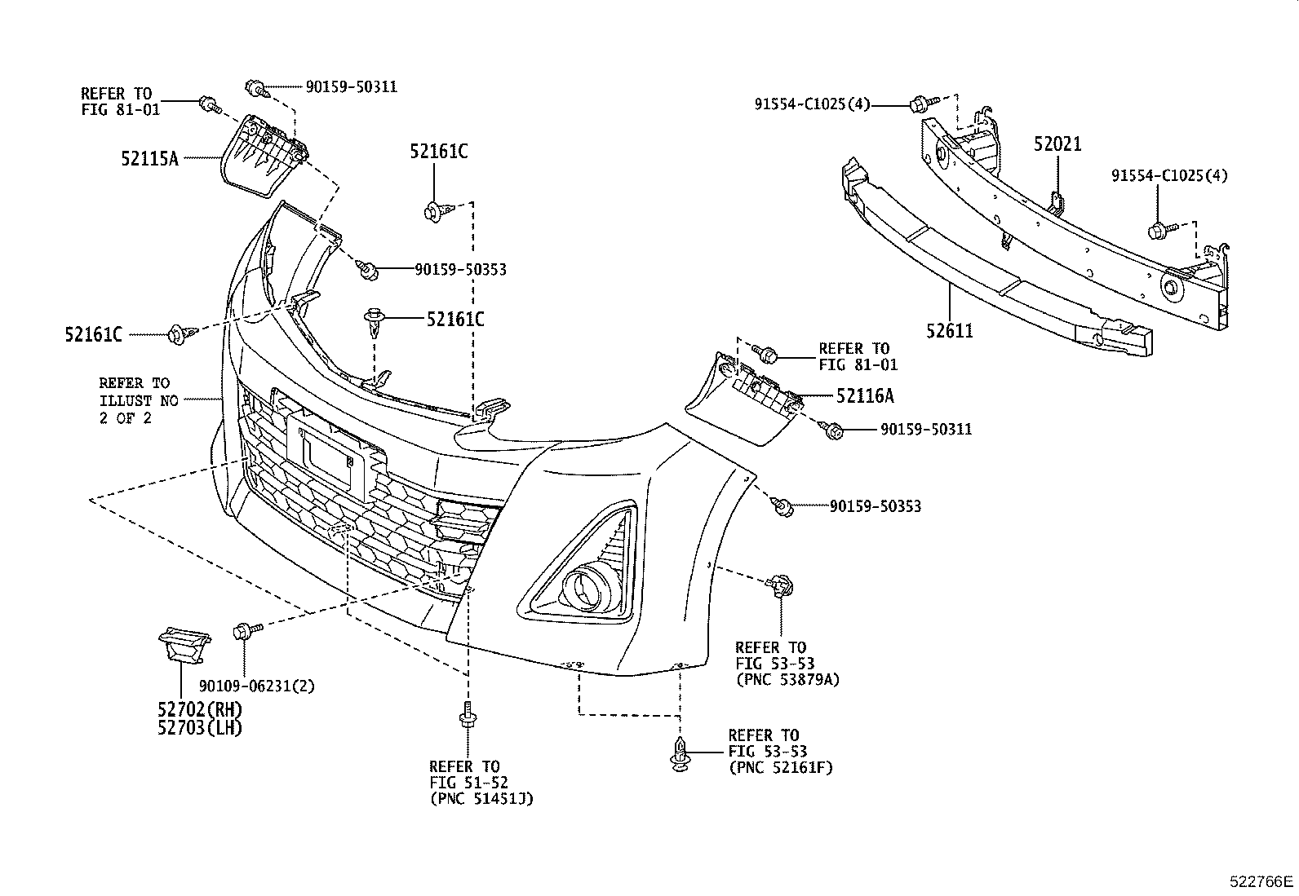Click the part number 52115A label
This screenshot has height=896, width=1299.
tap(149, 158)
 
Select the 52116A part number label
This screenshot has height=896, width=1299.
tap(864, 396)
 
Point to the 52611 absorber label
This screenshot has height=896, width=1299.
tap(950, 332)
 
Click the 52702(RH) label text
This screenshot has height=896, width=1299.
tap(200, 709)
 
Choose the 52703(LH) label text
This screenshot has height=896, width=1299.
tap(200, 727)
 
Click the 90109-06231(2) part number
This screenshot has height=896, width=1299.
tap(257, 686)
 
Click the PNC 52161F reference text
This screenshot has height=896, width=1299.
tap(780, 766)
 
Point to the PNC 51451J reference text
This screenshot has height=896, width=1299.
tap(481, 798)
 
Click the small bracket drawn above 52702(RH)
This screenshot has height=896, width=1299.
tap(184, 644)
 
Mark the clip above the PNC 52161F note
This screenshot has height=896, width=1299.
tap(678, 753)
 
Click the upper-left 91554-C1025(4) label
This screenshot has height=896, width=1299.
tap(812, 104)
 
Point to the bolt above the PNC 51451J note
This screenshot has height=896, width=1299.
tap(467, 717)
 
